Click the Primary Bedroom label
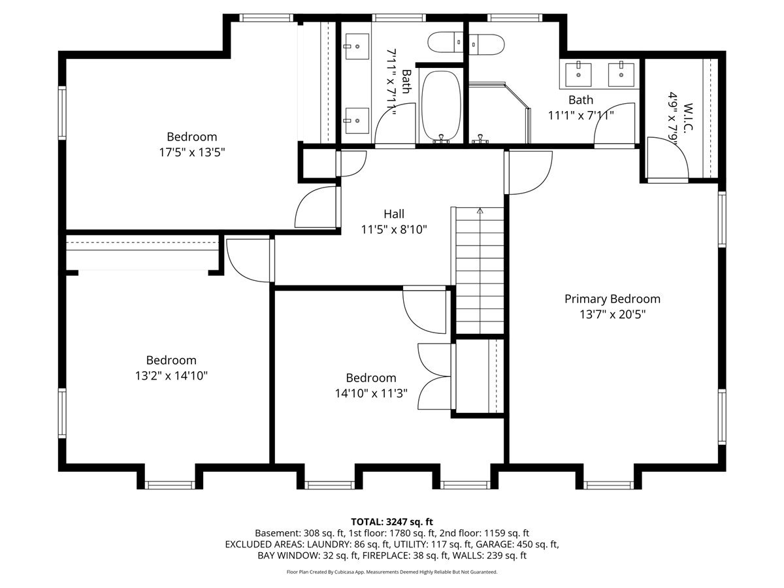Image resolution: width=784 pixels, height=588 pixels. [x=612, y=299]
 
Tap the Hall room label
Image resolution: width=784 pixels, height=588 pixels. [x=394, y=214]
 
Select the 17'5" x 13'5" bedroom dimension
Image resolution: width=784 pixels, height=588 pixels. [x=192, y=152]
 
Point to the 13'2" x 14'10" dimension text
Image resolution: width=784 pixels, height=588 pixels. [x=171, y=376]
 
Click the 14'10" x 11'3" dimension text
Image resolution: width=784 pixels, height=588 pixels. [x=371, y=393]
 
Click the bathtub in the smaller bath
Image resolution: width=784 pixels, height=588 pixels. [x=442, y=106]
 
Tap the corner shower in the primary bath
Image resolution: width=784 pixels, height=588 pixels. [x=499, y=113]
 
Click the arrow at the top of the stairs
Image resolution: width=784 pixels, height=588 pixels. [x=480, y=210]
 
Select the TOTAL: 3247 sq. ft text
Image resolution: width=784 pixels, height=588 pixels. [x=392, y=522]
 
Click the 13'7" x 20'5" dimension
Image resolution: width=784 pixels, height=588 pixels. [x=612, y=314]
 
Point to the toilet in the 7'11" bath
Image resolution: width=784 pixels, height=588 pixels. [x=446, y=42]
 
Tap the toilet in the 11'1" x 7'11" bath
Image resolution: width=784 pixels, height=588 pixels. [x=486, y=44]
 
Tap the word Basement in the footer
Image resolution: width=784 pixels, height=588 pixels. [x=277, y=533]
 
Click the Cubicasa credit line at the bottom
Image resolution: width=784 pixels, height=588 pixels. [x=392, y=572]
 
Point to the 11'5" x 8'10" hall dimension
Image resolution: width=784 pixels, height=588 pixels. [x=394, y=229]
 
